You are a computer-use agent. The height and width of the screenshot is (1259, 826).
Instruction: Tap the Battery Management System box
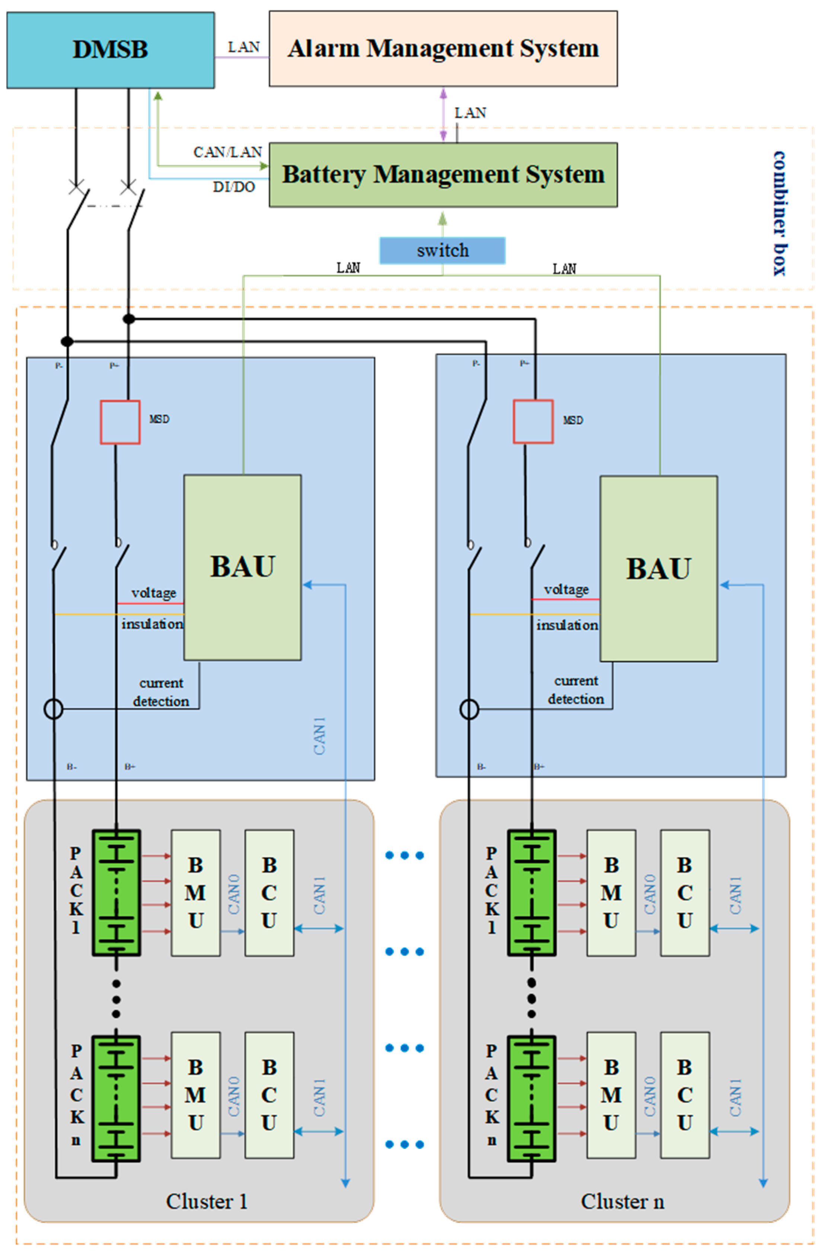[x=443, y=175]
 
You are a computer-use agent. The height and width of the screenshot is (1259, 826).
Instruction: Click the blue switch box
[x=442, y=250]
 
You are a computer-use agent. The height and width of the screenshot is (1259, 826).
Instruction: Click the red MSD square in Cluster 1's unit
[x=120, y=422]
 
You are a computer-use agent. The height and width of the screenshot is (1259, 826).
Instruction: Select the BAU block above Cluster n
[x=658, y=569]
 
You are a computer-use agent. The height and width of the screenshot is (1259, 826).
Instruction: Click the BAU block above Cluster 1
[x=243, y=567]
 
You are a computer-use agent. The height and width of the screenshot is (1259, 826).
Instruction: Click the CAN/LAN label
[x=227, y=152]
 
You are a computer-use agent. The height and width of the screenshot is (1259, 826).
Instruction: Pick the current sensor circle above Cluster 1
[x=53, y=709]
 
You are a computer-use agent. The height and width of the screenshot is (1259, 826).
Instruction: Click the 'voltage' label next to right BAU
[x=566, y=589]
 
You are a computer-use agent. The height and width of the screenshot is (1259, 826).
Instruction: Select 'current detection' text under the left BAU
[x=161, y=692]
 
